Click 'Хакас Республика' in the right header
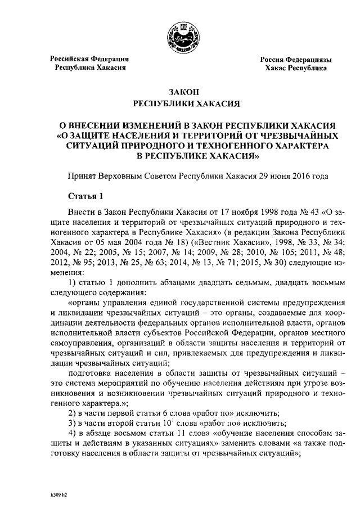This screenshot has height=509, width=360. tap(296, 68)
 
